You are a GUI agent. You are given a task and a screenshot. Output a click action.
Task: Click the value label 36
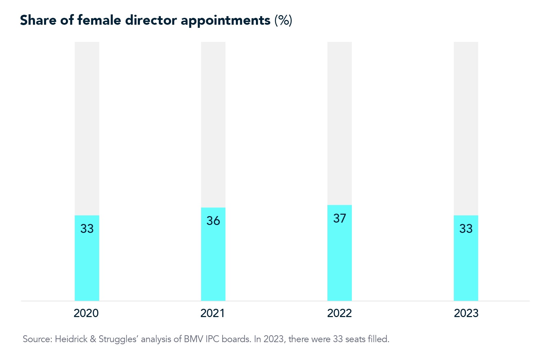pyautogui.click(x=213, y=221)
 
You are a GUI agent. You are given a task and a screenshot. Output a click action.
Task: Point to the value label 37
pyautogui.click(x=339, y=218)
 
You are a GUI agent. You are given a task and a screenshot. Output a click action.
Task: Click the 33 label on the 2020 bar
pyautogui.click(x=87, y=229)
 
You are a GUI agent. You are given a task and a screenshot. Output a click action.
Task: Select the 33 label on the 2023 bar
pyautogui.click(x=466, y=229)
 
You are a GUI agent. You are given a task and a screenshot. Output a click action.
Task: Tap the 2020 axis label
pyautogui.click(x=86, y=313)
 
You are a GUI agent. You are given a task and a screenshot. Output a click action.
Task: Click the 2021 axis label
pyautogui.click(x=212, y=313)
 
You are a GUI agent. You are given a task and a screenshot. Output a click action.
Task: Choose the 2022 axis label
pyautogui.click(x=339, y=313)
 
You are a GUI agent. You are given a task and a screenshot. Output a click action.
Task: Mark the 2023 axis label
pyautogui.click(x=466, y=313)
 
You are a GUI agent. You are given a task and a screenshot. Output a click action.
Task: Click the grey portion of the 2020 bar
pyautogui.click(x=87, y=127)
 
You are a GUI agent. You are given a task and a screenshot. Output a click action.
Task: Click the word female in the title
pyautogui.click(x=99, y=20)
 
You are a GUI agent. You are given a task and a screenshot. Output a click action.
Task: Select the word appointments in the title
pyautogui.click(x=225, y=21)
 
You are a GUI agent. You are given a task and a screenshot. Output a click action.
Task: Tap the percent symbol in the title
pyautogui.click(x=283, y=20)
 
